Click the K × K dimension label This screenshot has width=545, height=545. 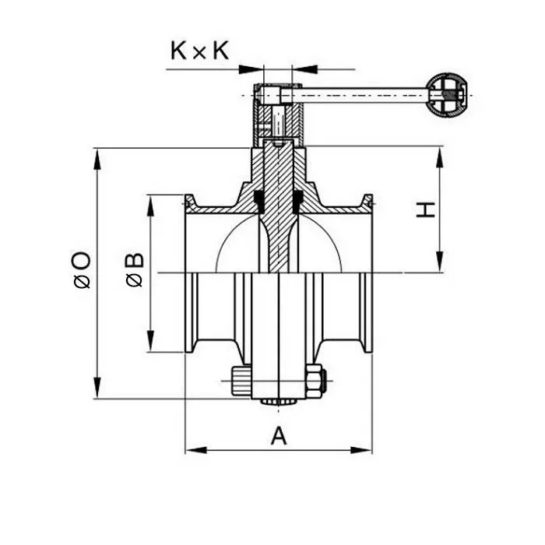tap(199, 51)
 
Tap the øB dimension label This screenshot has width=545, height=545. tap(134, 269)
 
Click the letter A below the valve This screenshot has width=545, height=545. tap(279, 437)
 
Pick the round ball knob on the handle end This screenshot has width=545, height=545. tap(448, 96)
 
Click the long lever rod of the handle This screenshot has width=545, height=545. tap(358, 96)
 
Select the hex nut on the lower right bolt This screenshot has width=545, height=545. tap(315, 381)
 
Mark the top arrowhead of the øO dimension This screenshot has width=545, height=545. tap(97, 155)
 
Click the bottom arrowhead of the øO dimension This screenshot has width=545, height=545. tap(97, 390)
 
